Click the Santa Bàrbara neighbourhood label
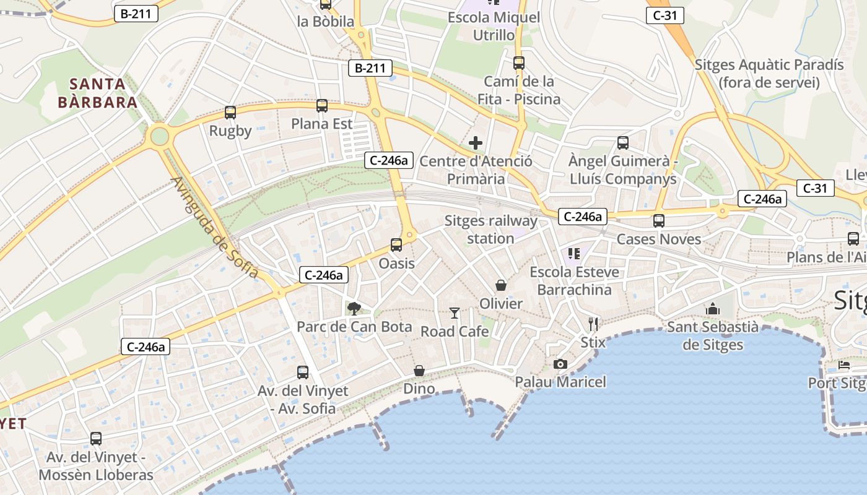[x=97, y=93]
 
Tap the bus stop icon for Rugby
[x=230, y=113]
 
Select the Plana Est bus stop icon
[x=322, y=106]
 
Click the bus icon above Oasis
[x=396, y=245]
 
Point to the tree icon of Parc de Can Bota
[x=354, y=308]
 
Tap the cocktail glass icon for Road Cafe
[x=455, y=313]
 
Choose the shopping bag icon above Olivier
[x=501, y=285]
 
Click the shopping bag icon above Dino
[x=419, y=371]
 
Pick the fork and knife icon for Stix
[x=593, y=324]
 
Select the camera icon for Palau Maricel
[x=560, y=364]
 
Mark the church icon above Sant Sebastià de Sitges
[x=713, y=309]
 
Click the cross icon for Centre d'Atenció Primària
[x=476, y=144]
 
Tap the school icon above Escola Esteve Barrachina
[x=574, y=254]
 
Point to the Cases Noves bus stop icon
[x=659, y=221]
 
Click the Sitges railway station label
[x=491, y=230]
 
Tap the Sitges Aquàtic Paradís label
[x=769, y=74]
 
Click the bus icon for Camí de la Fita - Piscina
[x=519, y=63]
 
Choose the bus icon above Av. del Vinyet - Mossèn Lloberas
[x=96, y=439]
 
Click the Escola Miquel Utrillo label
[x=494, y=26]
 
